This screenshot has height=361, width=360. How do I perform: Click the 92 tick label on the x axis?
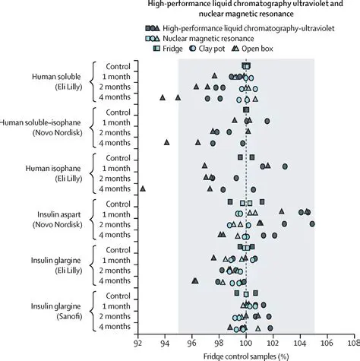coord(137,342)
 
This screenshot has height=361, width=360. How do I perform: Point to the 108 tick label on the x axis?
coord(353,342)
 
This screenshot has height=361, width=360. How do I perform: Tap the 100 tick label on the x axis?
coord(245,342)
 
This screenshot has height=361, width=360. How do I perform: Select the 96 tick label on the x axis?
coord(191,342)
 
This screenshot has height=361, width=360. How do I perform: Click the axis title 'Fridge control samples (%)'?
coord(245,354)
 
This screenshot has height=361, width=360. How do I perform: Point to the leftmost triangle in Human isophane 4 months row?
coord(143,188)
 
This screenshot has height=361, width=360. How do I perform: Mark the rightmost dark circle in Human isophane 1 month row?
coord(285,166)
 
